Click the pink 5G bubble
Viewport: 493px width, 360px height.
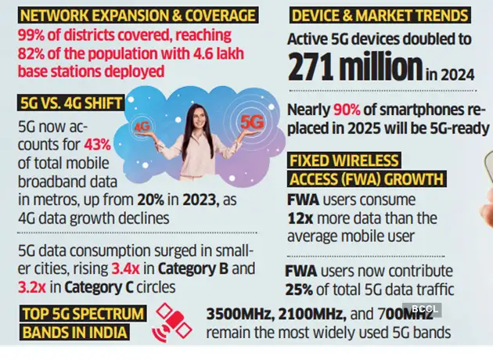[x=252, y=122]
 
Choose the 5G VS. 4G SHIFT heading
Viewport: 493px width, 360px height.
[x=67, y=103]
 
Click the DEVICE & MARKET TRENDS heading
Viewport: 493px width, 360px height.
[x=380, y=14]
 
